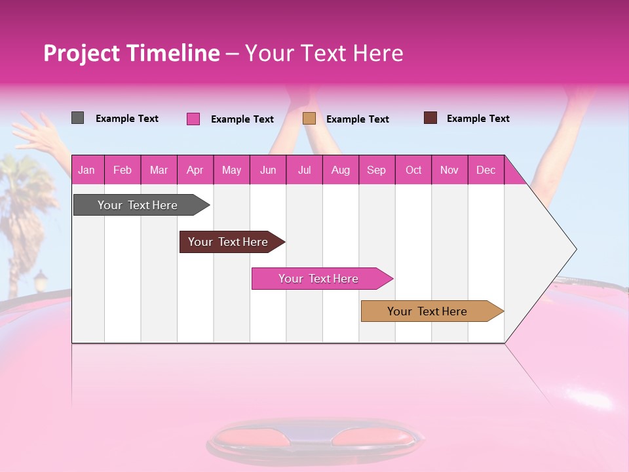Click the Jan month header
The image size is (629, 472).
pyautogui.click(x=87, y=170)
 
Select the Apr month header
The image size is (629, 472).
pyautogui.click(x=195, y=170)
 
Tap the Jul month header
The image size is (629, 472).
pyautogui.click(x=304, y=170)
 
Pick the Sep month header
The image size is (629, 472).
pyautogui.click(x=376, y=170)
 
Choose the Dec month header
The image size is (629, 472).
pyautogui.click(x=486, y=170)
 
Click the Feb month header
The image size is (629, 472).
pyautogui.click(x=123, y=170)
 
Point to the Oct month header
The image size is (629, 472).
pyautogui.click(x=413, y=170)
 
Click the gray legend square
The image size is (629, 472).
pyautogui.click(x=77, y=118)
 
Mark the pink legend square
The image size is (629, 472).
pyautogui.click(x=193, y=119)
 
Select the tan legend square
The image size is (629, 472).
pyautogui.click(x=309, y=118)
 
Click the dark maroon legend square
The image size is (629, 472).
pyautogui.click(x=430, y=118)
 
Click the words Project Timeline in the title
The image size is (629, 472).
pyautogui.click(x=131, y=53)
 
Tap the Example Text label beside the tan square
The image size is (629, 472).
pyautogui.click(x=357, y=119)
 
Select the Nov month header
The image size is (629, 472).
pyautogui.click(x=449, y=170)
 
